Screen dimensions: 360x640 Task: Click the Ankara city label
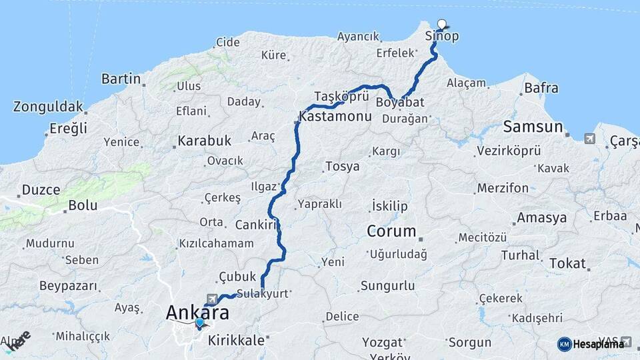(x=197, y=312)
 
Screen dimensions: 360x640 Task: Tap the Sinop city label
(x=442, y=37)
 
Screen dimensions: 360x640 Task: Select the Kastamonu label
(x=335, y=116)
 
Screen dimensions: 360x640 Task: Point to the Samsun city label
(x=533, y=127)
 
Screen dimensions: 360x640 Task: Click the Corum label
(x=391, y=232)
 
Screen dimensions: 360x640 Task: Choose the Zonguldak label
(x=48, y=107)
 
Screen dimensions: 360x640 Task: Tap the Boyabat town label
(x=400, y=103)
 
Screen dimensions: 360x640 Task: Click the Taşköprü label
(x=341, y=95)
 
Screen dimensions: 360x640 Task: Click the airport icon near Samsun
(x=589, y=139)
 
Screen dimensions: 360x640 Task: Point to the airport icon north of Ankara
(x=212, y=299)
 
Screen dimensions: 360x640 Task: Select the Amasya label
(x=542, y=218)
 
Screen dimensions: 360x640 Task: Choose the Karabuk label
(x=204, y=141)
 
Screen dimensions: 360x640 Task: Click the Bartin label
(x=121, y=79)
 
